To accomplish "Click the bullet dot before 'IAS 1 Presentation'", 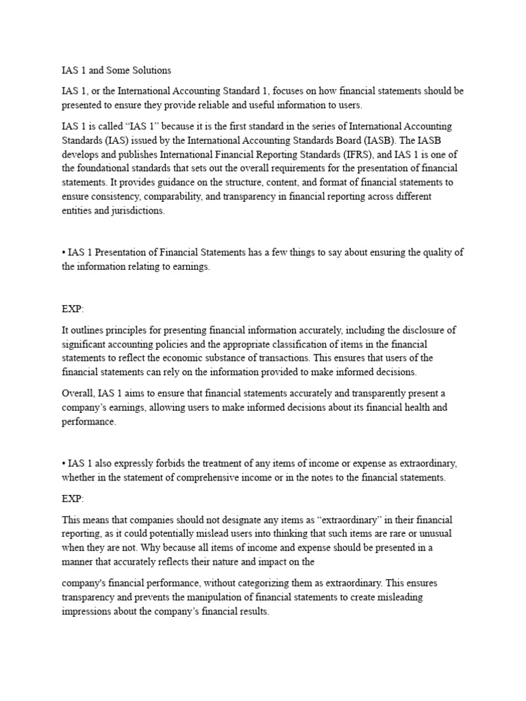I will pos(64,253).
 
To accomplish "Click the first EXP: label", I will pos(73,309).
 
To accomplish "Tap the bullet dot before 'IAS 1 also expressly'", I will pos(64,463).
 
